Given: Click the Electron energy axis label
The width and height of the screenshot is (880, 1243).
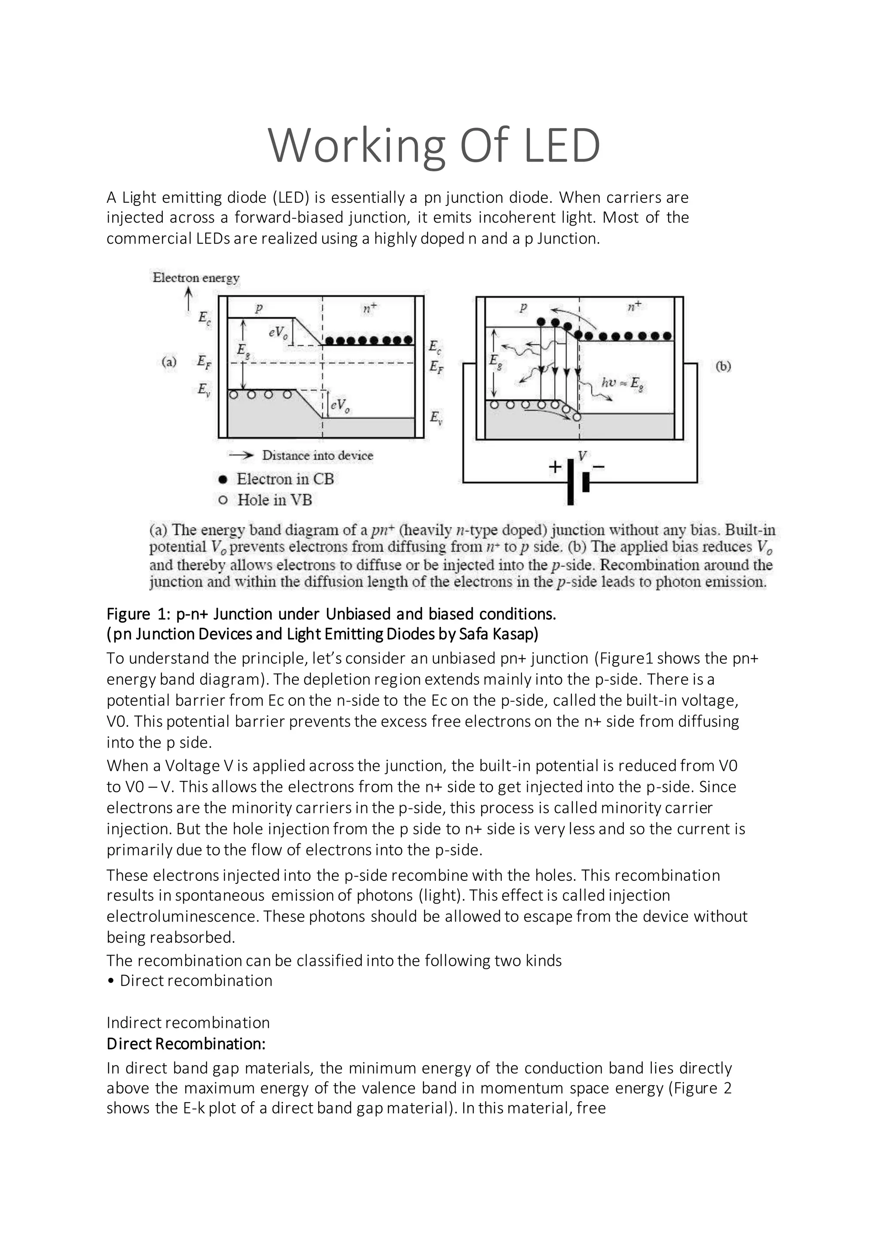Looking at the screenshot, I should (196, 278).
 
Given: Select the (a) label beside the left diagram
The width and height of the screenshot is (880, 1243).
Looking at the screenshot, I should (169, 361).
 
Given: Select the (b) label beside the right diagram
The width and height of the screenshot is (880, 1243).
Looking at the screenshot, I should (724, 366).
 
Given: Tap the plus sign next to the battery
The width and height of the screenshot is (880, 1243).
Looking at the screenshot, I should (555, 467).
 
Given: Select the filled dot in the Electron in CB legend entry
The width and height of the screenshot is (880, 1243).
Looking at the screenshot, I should (222, 479).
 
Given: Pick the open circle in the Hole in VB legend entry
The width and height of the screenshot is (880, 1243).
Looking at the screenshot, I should (222, 500).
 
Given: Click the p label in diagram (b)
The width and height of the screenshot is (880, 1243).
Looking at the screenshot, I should (523, 307).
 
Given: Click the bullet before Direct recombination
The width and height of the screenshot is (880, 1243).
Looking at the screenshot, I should (110, 981).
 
